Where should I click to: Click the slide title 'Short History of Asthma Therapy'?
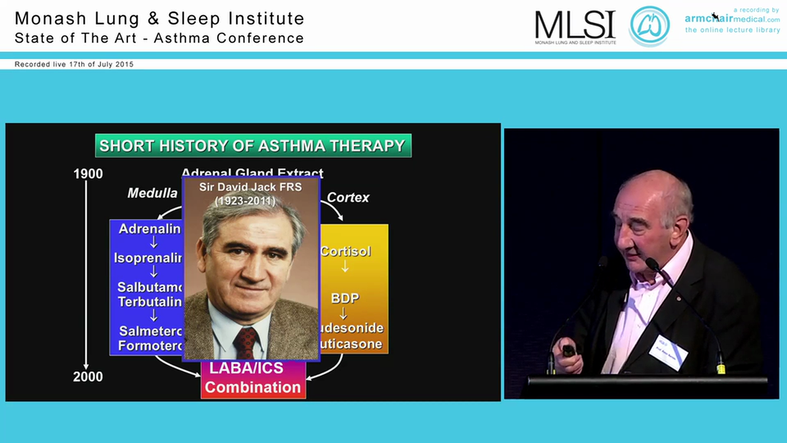253,146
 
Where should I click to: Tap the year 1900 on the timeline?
88,174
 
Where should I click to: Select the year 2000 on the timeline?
88,377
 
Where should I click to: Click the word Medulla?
152,193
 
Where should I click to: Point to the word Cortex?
348,198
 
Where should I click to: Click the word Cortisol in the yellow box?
345,251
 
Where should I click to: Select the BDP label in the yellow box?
345,298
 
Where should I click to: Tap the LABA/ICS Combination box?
253,378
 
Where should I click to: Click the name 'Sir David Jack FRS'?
251,187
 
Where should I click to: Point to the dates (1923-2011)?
251,201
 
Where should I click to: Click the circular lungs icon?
649,26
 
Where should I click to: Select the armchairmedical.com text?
732,19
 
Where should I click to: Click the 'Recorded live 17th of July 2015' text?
74,64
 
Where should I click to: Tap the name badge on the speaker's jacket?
668,352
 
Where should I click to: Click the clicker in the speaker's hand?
569,351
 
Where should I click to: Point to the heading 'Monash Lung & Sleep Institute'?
160,19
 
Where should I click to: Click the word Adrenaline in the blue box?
150,229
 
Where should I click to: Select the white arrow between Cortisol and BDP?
345,267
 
